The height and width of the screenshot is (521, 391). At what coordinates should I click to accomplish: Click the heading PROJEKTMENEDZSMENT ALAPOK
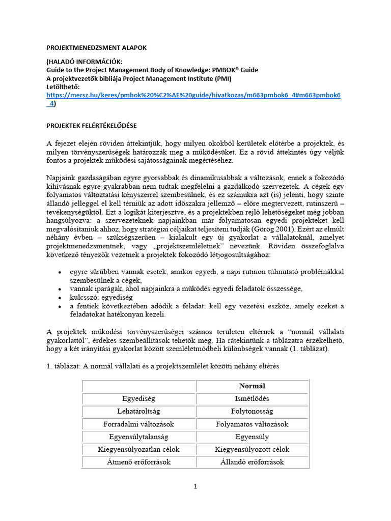(96, 47)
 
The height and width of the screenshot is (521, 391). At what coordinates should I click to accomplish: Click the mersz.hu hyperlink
(193, 95)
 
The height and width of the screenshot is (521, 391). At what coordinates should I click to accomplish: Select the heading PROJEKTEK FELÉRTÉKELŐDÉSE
(92, 125)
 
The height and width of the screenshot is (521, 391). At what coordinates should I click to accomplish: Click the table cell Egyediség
(138, 398)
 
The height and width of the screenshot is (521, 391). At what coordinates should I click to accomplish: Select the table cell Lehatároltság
(138, 411)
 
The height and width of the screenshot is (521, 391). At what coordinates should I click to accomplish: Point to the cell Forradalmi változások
(138, 424)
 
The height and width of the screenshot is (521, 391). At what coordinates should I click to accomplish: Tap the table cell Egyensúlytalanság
(138, 437)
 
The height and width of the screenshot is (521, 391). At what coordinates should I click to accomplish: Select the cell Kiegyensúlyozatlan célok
(138, 449)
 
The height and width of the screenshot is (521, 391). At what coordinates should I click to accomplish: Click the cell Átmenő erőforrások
(138, 462)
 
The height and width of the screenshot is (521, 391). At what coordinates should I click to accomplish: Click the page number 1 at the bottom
(195, 486)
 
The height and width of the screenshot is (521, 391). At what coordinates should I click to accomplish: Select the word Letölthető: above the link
(63, 87)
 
